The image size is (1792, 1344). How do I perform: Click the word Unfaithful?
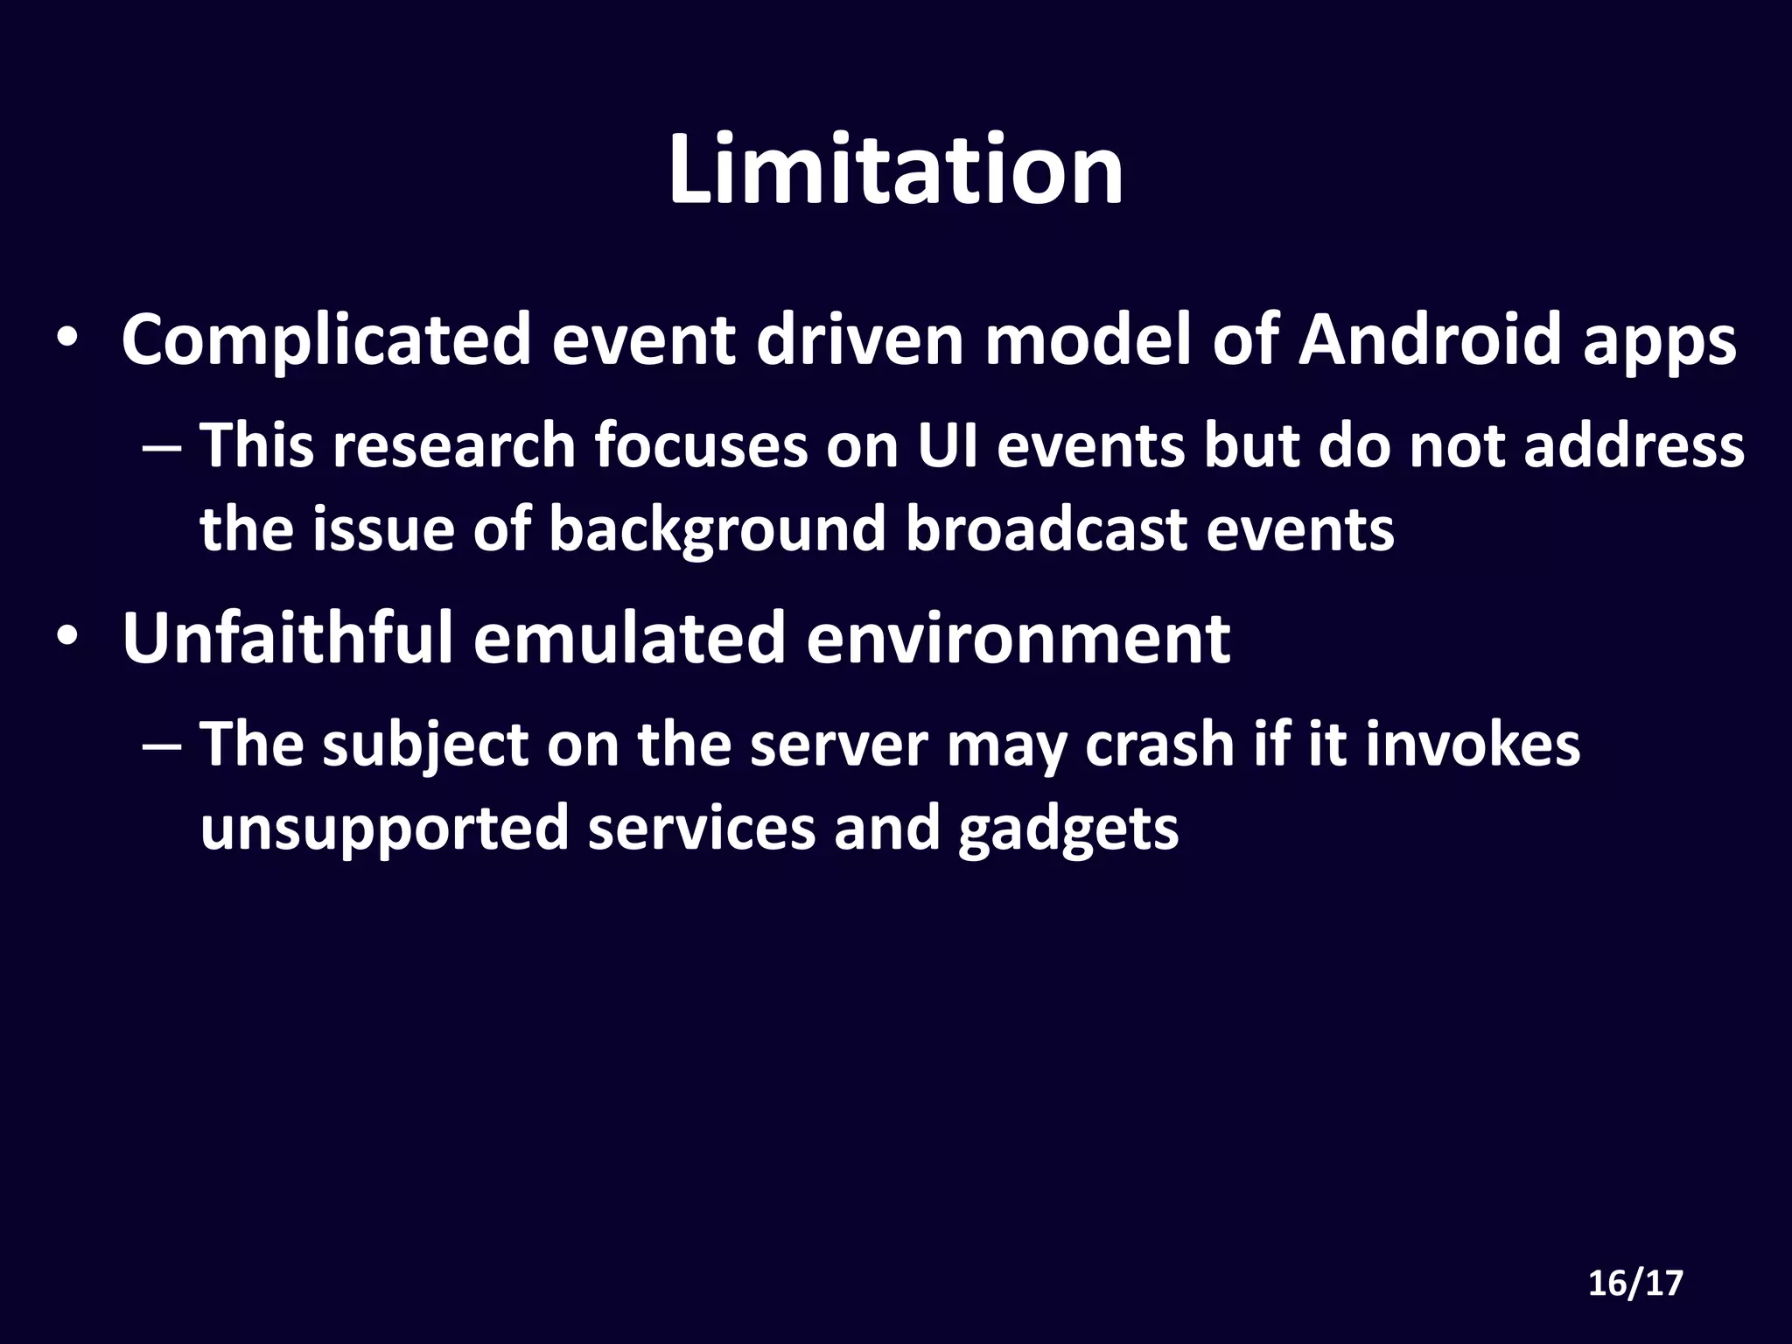288,638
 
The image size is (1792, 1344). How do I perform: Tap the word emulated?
629,638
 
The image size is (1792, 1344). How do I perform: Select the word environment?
1018,640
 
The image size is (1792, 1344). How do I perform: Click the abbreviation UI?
947,446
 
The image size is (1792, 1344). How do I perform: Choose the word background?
717,530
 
